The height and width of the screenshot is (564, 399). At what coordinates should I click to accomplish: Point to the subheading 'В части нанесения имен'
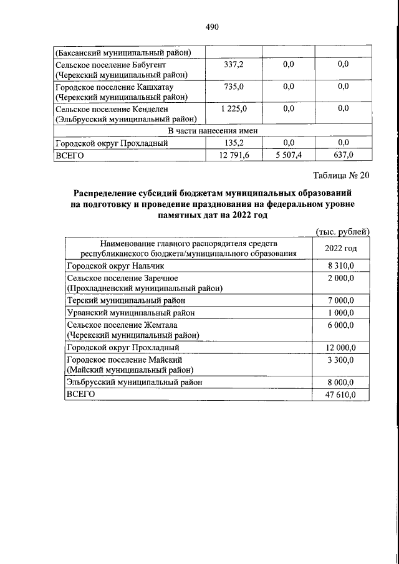pyautogui.click(x=213, y=130)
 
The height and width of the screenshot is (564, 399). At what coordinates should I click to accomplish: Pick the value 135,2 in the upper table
pyautogui.click(x=234, y=143)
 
